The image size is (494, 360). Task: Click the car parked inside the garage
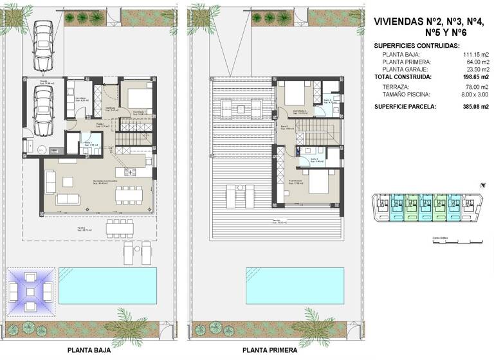pos(43,111)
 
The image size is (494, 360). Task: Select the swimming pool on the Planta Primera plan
pos(289,285)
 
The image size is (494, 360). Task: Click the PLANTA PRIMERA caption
pos(270,350)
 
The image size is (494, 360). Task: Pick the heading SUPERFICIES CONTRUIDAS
pos(417,46)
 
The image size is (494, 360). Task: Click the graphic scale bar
pos(457,242)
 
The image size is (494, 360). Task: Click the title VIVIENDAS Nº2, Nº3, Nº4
pos(430,21)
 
